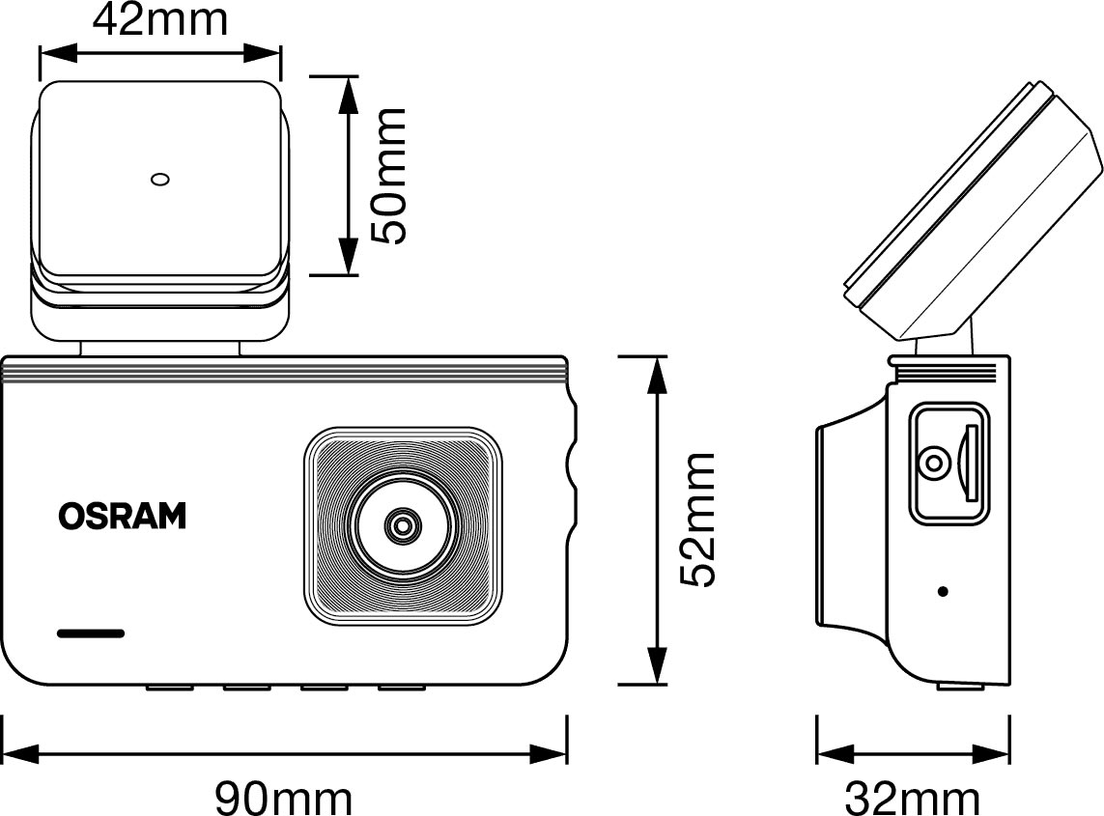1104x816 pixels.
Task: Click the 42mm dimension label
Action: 160,19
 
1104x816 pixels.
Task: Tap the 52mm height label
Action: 696,520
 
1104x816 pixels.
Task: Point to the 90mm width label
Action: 283,798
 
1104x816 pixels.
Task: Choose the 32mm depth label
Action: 913,798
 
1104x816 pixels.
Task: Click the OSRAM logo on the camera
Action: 122,517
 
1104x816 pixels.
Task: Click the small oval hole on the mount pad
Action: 160,179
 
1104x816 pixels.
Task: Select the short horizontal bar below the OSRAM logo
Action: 91,634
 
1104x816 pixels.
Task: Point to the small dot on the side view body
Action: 943,591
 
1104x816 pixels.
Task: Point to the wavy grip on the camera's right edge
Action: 573,454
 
